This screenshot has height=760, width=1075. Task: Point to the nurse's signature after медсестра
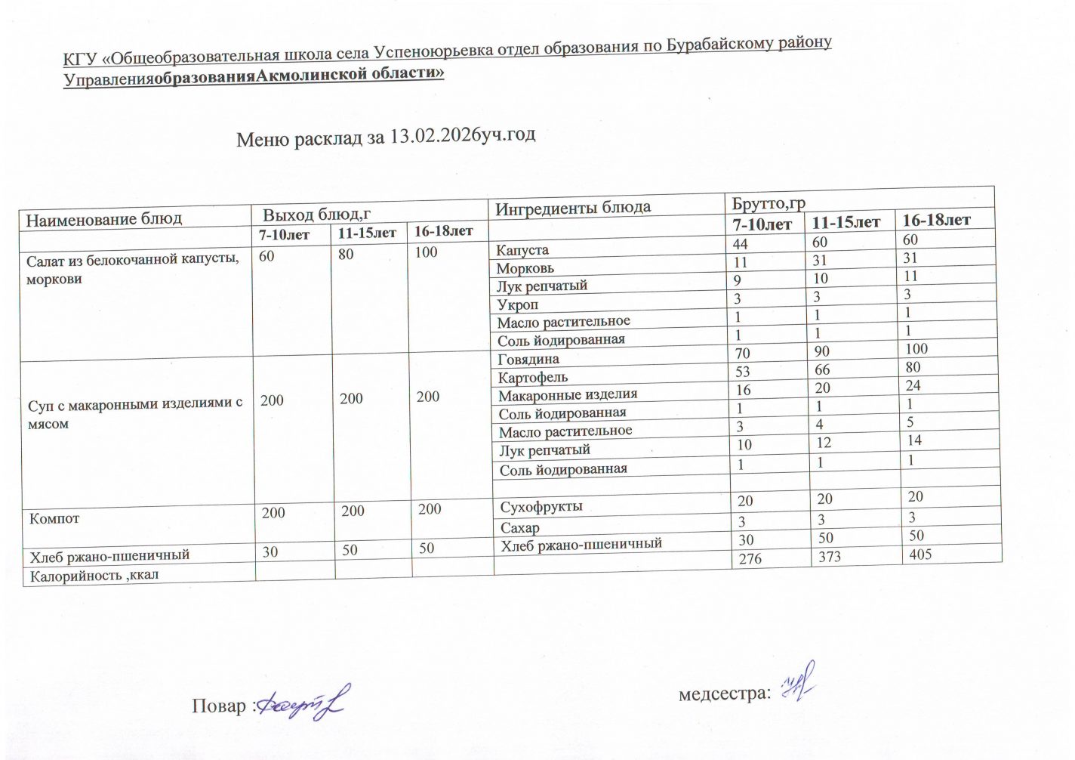tap(798, 684)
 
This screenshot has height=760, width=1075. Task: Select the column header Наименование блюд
tap(104, 219)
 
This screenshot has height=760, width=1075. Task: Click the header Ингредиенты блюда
tap(572, 207)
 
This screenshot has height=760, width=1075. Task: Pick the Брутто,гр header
tap(769, 203)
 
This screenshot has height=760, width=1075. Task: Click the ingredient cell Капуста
tap(522, 250)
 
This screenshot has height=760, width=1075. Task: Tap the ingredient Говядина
tap(528, 359)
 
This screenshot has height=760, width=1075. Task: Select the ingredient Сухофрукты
tap(541, 507)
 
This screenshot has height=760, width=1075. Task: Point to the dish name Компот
tap(54, 519)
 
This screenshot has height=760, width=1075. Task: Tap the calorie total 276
tap(750, 559)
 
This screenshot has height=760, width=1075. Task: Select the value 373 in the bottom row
tap(829, 558)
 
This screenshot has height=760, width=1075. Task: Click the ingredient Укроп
tap(518, 304)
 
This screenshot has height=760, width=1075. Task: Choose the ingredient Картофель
tap(533, 377)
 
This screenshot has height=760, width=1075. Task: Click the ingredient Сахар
tap(520, 528)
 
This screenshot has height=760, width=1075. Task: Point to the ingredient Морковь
tap(525, 268)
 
